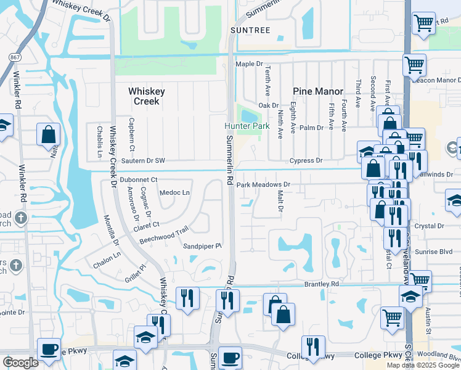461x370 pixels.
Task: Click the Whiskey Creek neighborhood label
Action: tap(146, 96)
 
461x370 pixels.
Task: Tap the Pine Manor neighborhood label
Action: tap(318, 91)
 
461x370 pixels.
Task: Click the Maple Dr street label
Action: tap(249, 64)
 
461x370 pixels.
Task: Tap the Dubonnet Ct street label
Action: tap(139, 179)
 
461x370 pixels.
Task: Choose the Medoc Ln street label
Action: tap(174, 192)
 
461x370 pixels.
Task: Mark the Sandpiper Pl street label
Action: tap(202, 246)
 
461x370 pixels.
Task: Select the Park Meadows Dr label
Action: tap(263, 184)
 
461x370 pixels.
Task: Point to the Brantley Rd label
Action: tap(322, 284)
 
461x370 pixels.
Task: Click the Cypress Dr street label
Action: tap(307, 160)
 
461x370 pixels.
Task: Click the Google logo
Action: tap(20, 363)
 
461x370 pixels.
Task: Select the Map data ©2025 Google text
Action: tap(423, 365)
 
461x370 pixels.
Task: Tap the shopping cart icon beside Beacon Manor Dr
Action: tap(415, 64)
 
